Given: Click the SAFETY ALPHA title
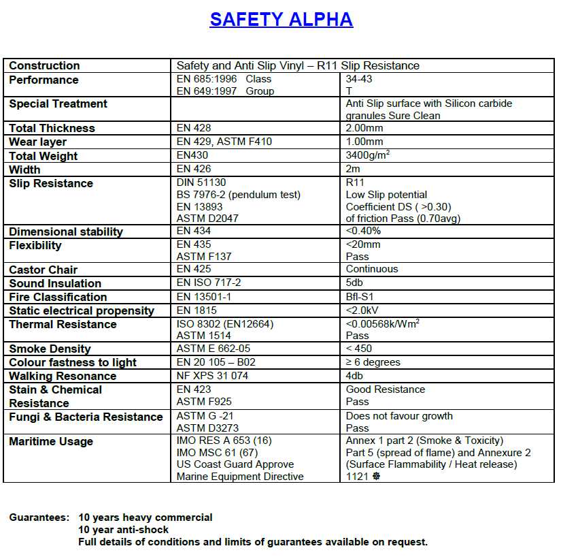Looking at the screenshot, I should pos(281,20).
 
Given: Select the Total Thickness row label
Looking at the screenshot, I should pos(52,128).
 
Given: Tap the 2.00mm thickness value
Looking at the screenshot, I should pos(364,128).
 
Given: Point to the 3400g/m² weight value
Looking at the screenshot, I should pos(368,155).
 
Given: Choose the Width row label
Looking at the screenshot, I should pos(24,170).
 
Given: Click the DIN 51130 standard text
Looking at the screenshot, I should pos(201,182).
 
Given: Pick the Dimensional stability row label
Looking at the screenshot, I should pos(66,231).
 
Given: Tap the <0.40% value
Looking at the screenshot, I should pos(363,231).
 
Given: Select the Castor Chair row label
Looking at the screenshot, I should pos(44,270).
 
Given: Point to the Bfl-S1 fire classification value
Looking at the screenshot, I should pos(360,297).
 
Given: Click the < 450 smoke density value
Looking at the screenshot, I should pos(359,349).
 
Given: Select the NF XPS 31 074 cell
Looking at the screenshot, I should pos(212,376).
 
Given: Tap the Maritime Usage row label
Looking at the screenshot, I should pos(51,441).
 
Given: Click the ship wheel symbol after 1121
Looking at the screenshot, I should pos(376,477).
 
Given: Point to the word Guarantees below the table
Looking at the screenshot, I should pos(39,517).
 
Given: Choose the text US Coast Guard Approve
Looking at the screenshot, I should pos(235,464).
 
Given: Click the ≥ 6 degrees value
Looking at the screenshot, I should pos(373,362).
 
